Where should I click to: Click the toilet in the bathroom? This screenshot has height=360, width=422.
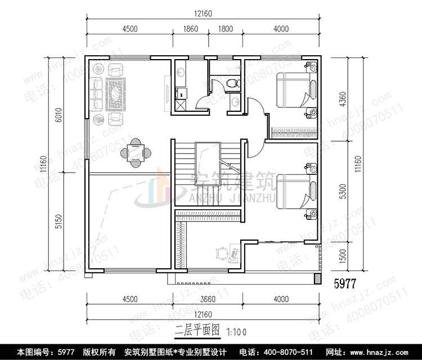(232, 83)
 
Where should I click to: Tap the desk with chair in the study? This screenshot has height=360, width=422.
(226, 253)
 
